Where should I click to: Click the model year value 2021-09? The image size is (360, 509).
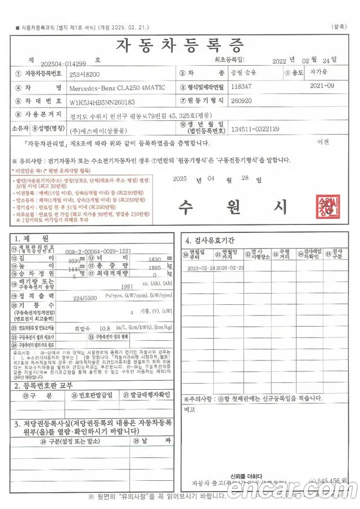pyautogui.click(x=322, y=86)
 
